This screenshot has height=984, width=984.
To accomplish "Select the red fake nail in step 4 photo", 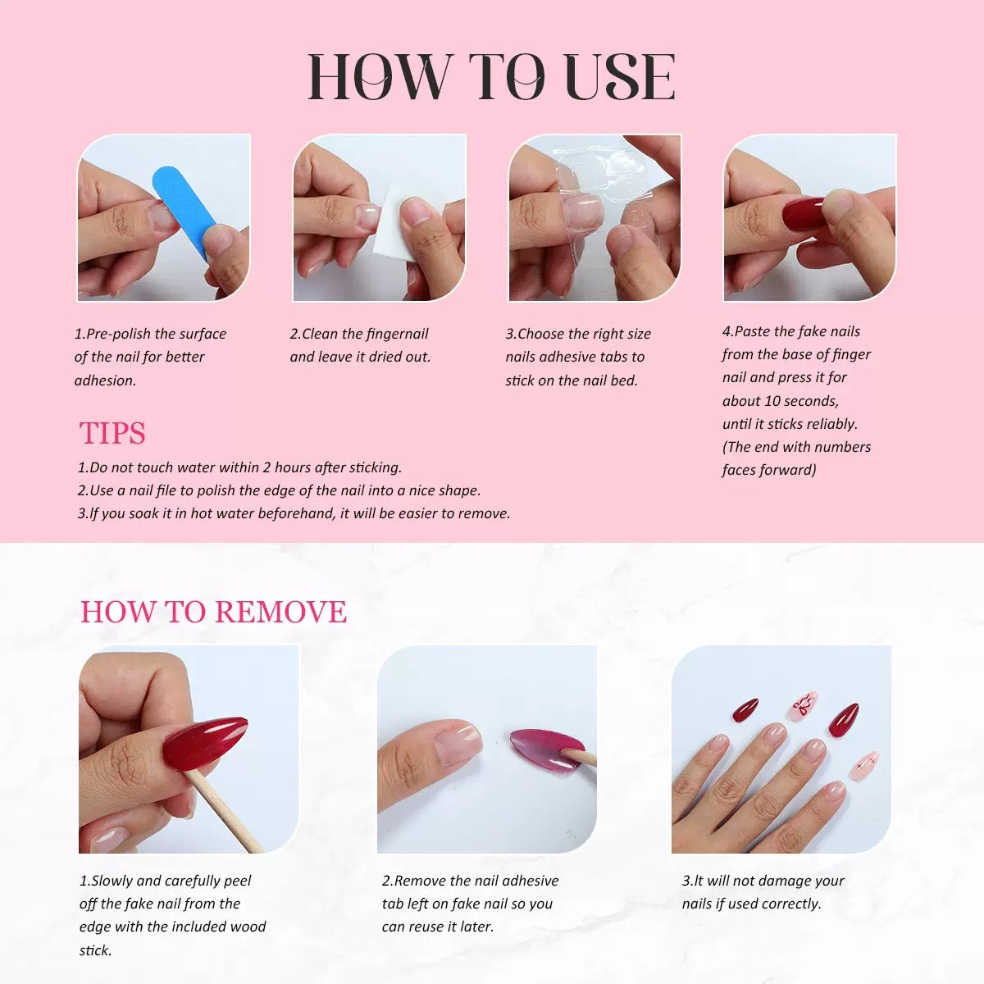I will [800, 213].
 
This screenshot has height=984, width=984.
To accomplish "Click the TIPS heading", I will [112, 433].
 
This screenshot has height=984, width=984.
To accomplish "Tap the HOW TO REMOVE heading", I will [213, 612].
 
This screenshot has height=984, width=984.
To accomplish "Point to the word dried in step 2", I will [389, 357].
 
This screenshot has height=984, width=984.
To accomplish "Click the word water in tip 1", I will [188, 467].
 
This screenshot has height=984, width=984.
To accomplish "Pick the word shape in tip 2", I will [459, 490].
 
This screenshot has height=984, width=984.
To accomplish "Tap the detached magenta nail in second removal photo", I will [541, 750].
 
